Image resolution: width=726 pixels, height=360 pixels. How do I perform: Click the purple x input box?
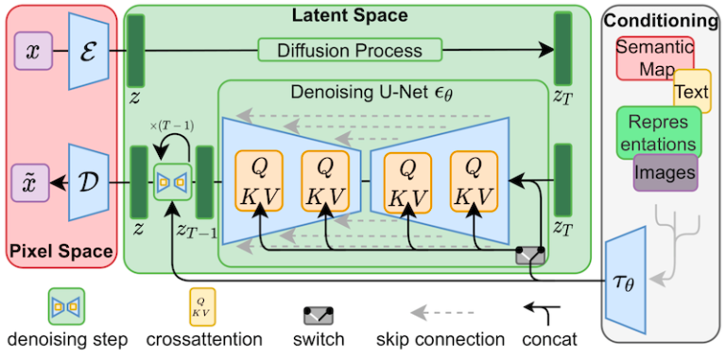(x=33, y=51)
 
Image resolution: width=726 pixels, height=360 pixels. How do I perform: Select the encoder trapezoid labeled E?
(x=89, y=50)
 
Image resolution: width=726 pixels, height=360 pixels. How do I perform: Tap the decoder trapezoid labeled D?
(x=89, y=181)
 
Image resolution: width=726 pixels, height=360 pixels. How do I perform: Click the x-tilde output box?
(x=30, y=182)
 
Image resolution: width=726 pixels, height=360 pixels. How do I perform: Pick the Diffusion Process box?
(x=350, y=50)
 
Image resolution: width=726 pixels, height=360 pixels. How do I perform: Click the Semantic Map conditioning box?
(x=655, y=59)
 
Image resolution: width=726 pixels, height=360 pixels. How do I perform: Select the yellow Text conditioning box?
(x=692, y=92)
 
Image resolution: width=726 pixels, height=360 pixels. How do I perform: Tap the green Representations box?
(x=659, y=132)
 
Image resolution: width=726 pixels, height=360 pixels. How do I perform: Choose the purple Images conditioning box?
(x=665, y=172)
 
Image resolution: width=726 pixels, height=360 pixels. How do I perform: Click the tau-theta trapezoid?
(x=626, y=280)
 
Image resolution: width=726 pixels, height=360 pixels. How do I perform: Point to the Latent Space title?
(x=349, y=15)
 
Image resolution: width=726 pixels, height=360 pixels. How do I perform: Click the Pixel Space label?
(x=61, y=251)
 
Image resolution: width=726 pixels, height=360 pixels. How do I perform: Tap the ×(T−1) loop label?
(x=172, y=126)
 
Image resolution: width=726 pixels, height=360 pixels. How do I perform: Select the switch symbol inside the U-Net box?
(x=530, y=255)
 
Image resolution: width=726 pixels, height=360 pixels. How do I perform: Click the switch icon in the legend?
(x=319, y=315)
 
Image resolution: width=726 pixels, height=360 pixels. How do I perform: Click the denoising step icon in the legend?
(x=67, y=306)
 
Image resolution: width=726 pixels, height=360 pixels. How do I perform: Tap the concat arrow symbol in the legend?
(x=544, y=313)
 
